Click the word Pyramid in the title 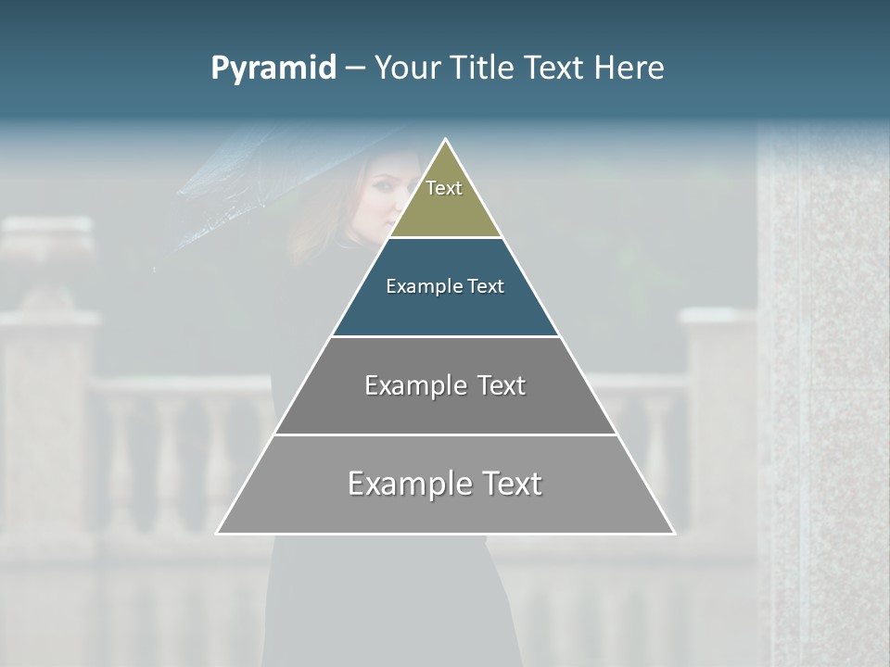273,69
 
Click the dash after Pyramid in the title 354,69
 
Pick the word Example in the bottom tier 410,484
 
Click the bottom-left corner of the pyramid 218,533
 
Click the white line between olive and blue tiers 445,238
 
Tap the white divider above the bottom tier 445,434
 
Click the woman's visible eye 381,185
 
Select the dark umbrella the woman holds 241,195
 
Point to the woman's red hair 348,199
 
